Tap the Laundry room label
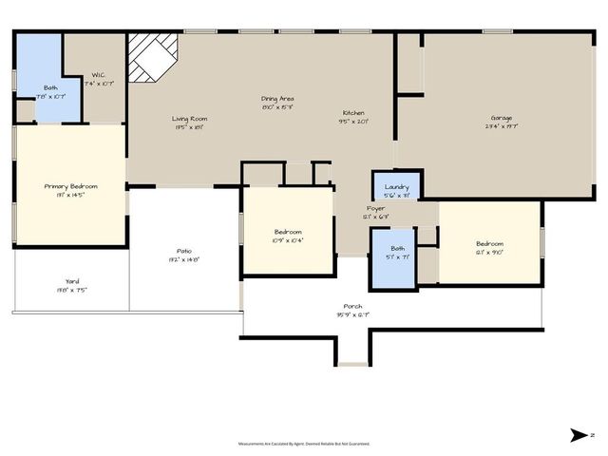click(x=396, y=187)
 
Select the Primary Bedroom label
click(x=71, y=186)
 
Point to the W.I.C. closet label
click(x=99, y=75)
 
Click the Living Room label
click(x=189, y=119)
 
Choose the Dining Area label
click(x=277, y=99)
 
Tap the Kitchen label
click(x=353, y=113)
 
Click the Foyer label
click(x=376, y=208)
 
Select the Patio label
click(x=183, y=251)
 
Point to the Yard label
click(x=72, y=281)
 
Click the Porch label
click(x=352, y=307)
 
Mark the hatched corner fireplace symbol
click(x=152, y=57)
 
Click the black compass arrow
click(x=579, y=435)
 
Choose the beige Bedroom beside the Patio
click(x=288, y=232)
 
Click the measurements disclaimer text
click(x=303, y=444)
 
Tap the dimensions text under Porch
click(x=352, y=315)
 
